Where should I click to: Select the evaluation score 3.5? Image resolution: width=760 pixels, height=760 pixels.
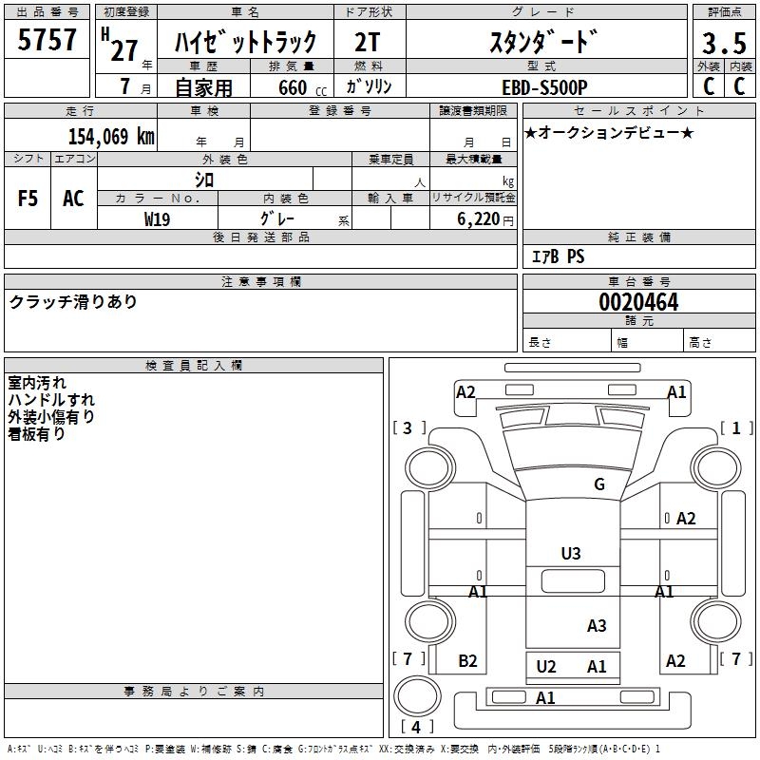723,44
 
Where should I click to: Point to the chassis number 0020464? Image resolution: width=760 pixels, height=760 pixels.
637,302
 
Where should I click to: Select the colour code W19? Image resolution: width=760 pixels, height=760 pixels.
158,218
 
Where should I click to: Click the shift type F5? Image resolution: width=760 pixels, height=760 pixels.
28,199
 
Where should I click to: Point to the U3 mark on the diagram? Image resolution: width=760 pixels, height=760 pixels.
571,554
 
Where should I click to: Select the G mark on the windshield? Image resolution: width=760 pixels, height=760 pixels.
599,484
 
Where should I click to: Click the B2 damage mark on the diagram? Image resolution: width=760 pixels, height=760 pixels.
467,661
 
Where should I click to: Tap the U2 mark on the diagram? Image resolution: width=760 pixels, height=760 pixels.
546,667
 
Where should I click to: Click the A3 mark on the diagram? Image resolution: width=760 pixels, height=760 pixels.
597,626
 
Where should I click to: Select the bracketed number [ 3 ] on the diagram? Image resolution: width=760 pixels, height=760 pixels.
409,428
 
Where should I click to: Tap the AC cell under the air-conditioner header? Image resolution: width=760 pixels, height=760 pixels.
73,199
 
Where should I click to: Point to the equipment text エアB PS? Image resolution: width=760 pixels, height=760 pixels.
558,256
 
